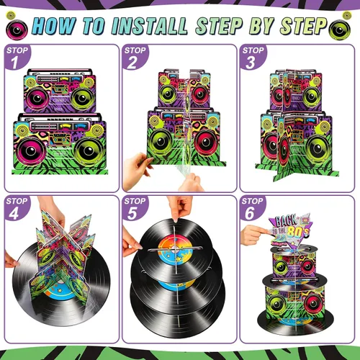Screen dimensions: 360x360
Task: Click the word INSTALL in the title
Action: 150,26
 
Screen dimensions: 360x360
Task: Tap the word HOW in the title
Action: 54,25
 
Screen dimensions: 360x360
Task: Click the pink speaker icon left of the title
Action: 17,30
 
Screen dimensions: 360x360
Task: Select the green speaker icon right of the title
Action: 339,30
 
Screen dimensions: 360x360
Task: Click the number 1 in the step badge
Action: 14,63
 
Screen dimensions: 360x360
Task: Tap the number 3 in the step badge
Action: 250,63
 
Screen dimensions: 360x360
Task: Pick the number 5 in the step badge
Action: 132,213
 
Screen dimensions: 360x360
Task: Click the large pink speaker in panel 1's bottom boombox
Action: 30,150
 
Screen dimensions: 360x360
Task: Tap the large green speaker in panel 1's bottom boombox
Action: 89,150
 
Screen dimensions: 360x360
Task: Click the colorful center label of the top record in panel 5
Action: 176,249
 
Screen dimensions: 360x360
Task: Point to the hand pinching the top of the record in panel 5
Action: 179,207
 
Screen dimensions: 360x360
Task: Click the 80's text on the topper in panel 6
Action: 298,231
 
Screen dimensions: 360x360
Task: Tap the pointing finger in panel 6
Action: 254,234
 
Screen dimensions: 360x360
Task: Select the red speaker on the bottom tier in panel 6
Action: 313,303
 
